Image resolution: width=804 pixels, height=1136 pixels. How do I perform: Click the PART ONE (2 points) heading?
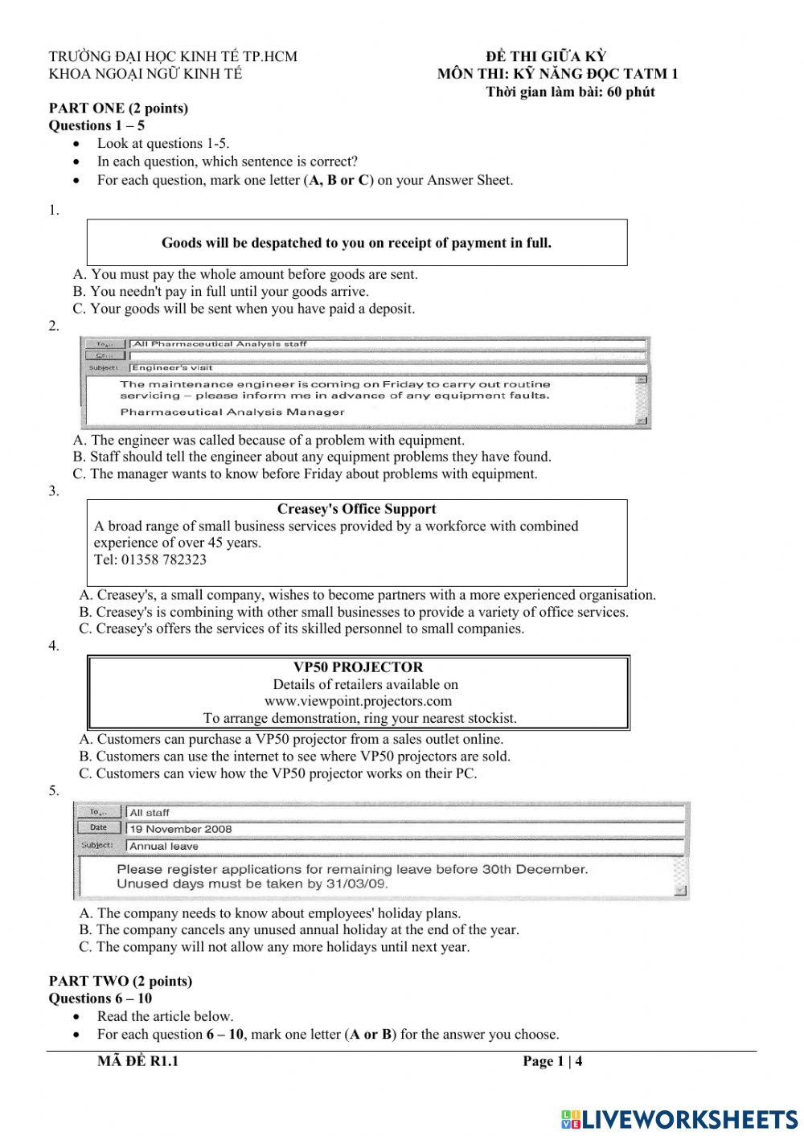118,109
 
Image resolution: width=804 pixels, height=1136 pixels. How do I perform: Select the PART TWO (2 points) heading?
121,982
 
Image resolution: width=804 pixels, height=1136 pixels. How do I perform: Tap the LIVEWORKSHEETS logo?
679,1118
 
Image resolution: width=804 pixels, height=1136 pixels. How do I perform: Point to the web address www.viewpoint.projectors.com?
358,701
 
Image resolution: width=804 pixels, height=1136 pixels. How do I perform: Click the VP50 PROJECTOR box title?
358,667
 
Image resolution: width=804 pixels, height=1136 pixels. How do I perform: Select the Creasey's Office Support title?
356,509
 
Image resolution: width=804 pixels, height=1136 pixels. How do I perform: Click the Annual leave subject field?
164,847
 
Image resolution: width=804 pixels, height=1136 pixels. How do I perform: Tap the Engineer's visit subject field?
172,368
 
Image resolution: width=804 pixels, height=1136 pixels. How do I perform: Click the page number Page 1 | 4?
552,1061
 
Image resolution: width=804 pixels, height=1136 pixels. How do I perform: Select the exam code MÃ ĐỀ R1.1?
137,1061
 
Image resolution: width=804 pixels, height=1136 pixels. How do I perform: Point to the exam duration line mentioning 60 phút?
570,92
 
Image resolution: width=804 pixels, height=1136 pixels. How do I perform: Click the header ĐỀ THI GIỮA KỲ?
546,56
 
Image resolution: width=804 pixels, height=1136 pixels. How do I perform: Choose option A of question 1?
245,275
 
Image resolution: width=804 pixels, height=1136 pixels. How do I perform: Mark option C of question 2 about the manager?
306,474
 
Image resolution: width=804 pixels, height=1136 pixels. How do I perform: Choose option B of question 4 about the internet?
295,757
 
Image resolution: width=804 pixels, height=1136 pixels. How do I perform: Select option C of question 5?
275,947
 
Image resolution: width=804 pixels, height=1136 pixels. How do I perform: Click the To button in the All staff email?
99,812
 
